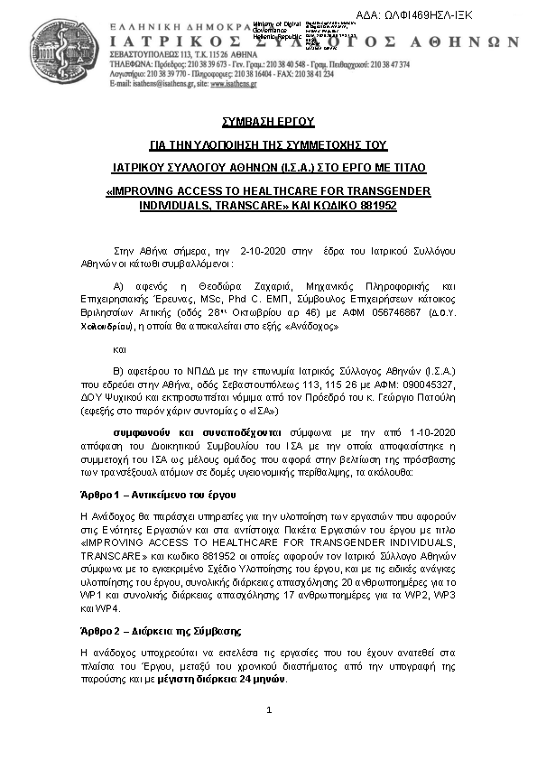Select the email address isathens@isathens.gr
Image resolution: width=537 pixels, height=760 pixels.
pos(162,82)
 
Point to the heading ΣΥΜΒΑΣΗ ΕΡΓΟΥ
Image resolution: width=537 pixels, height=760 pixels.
pos(268,121)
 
